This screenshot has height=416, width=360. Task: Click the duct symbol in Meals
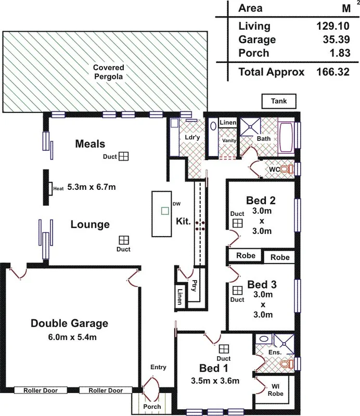123,156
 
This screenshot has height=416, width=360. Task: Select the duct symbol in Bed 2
237,223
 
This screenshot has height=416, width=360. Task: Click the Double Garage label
69,323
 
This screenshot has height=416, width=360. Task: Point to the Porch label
152,407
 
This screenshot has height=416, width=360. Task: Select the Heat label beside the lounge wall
58,188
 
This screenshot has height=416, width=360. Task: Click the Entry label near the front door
158,367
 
